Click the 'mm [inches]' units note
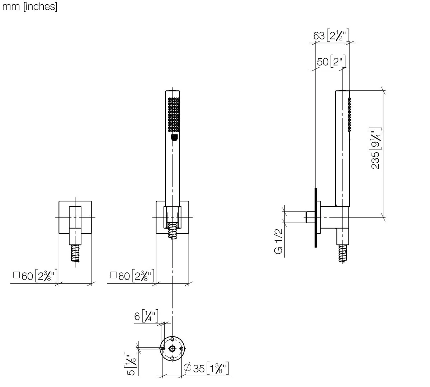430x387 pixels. pyautogui.click(x=30, y=6)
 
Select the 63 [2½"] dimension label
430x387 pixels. pyautogui.click(x=331, y=35)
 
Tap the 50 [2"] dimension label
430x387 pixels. pyautogui.click(x=331, y=62)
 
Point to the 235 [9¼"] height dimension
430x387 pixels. pyautogui.click(x=376, y=148)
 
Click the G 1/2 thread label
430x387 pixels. pyautogui.click(x=278, y=242)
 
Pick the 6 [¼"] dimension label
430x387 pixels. pyautogui.click(x=146, y=316)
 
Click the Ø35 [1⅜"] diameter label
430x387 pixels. pyautogui.click(x=206, y=368)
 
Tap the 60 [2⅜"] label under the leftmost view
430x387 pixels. pyautogui.click(x=36, y=276)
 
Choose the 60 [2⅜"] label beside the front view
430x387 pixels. pyautogui.click(x=132, y=276)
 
